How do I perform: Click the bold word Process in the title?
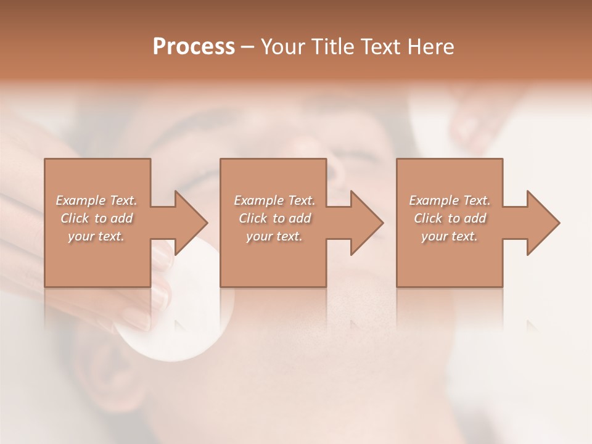pyautogui.click(x=194, y=47)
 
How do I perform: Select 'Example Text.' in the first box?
pyautogui.click(x=96, y=200)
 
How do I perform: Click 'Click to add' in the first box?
pyautogui.click(x=96, y=218)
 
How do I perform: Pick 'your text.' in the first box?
pyautogui.click(x=96, y=236)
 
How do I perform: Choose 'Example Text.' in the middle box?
pyautogui.click(x=274, y=200)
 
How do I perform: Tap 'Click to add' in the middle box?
pyautogui.click(x=274, y=218)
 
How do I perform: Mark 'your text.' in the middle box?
pyautogui.click(x=274, y=236)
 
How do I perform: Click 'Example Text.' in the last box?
pyautogui.click(x=450, y=200)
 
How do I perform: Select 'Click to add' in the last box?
pyautogui.click(x=450, y=218)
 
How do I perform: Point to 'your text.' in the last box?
pyautogui.click(x=450, y=236)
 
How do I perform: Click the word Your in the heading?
pyautogui.click(x=282, y=47)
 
